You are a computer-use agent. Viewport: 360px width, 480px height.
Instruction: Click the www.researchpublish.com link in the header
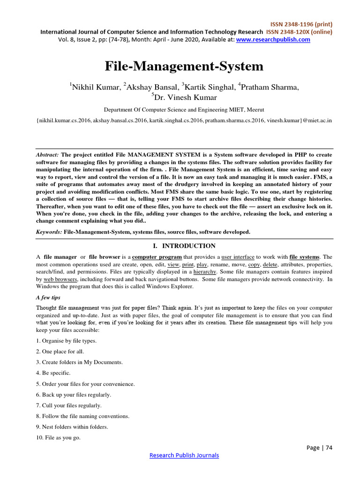(x=273, y=40)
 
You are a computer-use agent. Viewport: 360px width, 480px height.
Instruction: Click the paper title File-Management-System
(x=184, y=66)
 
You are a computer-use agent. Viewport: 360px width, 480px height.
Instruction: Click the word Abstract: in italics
(x=47, y=155)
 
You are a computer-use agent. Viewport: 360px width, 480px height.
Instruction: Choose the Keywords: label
(x=49, y=232)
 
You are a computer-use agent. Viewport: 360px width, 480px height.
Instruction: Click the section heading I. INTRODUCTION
(x=184, y=246)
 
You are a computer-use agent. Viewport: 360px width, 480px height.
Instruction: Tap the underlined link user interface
(x=238, y=257)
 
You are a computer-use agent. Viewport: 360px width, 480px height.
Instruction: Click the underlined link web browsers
(x=60, y=279)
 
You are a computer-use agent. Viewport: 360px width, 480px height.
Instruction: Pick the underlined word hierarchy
(x=204, y=272)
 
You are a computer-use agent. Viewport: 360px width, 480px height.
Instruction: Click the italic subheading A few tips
(x=48, y=297)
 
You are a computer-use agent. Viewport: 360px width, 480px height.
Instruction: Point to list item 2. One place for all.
(x=60, y=352)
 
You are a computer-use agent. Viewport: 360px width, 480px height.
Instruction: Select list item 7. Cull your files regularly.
(x=68, y=405)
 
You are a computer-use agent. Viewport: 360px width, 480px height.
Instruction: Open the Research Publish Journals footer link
(x=184, y=455)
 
